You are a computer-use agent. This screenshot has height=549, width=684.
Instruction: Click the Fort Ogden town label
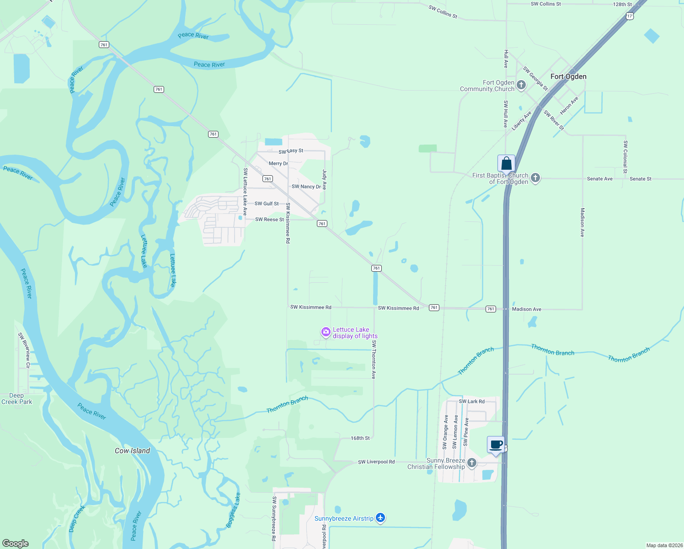coord(568,76)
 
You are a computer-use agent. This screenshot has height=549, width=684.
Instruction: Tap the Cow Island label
coord(132,451)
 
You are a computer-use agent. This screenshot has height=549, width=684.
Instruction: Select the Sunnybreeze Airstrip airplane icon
coord(380,518)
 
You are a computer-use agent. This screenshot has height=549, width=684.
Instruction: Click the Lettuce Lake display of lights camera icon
coord(326,332)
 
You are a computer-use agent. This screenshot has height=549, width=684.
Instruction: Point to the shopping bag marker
coord(506,163)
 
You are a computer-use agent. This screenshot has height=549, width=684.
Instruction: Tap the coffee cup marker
coord(496,444)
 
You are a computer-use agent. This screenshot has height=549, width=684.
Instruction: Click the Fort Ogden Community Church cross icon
coord(521,85)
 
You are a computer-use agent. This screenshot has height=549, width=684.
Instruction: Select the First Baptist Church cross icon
coord(535,178)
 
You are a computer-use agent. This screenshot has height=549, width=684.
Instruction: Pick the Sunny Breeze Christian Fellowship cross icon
coord(472,463)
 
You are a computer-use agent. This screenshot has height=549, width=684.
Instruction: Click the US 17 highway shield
coord(630,16)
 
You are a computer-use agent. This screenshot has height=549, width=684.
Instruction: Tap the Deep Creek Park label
coord(17,398)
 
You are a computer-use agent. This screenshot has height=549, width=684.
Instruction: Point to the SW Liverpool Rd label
coord(376,462)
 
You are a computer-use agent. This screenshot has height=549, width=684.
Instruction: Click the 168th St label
coord(360,438)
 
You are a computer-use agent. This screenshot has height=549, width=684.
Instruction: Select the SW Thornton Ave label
coord(374,360)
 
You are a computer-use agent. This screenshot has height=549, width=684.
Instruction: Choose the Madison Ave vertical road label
coord(582,222)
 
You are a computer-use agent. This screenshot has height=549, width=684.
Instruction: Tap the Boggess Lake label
coord(233,511)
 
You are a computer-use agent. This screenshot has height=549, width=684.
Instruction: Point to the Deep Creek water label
coord(76,519)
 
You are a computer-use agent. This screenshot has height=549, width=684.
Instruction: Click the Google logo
coord(16,543)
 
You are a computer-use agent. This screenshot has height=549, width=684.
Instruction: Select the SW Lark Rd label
coord(472,401)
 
